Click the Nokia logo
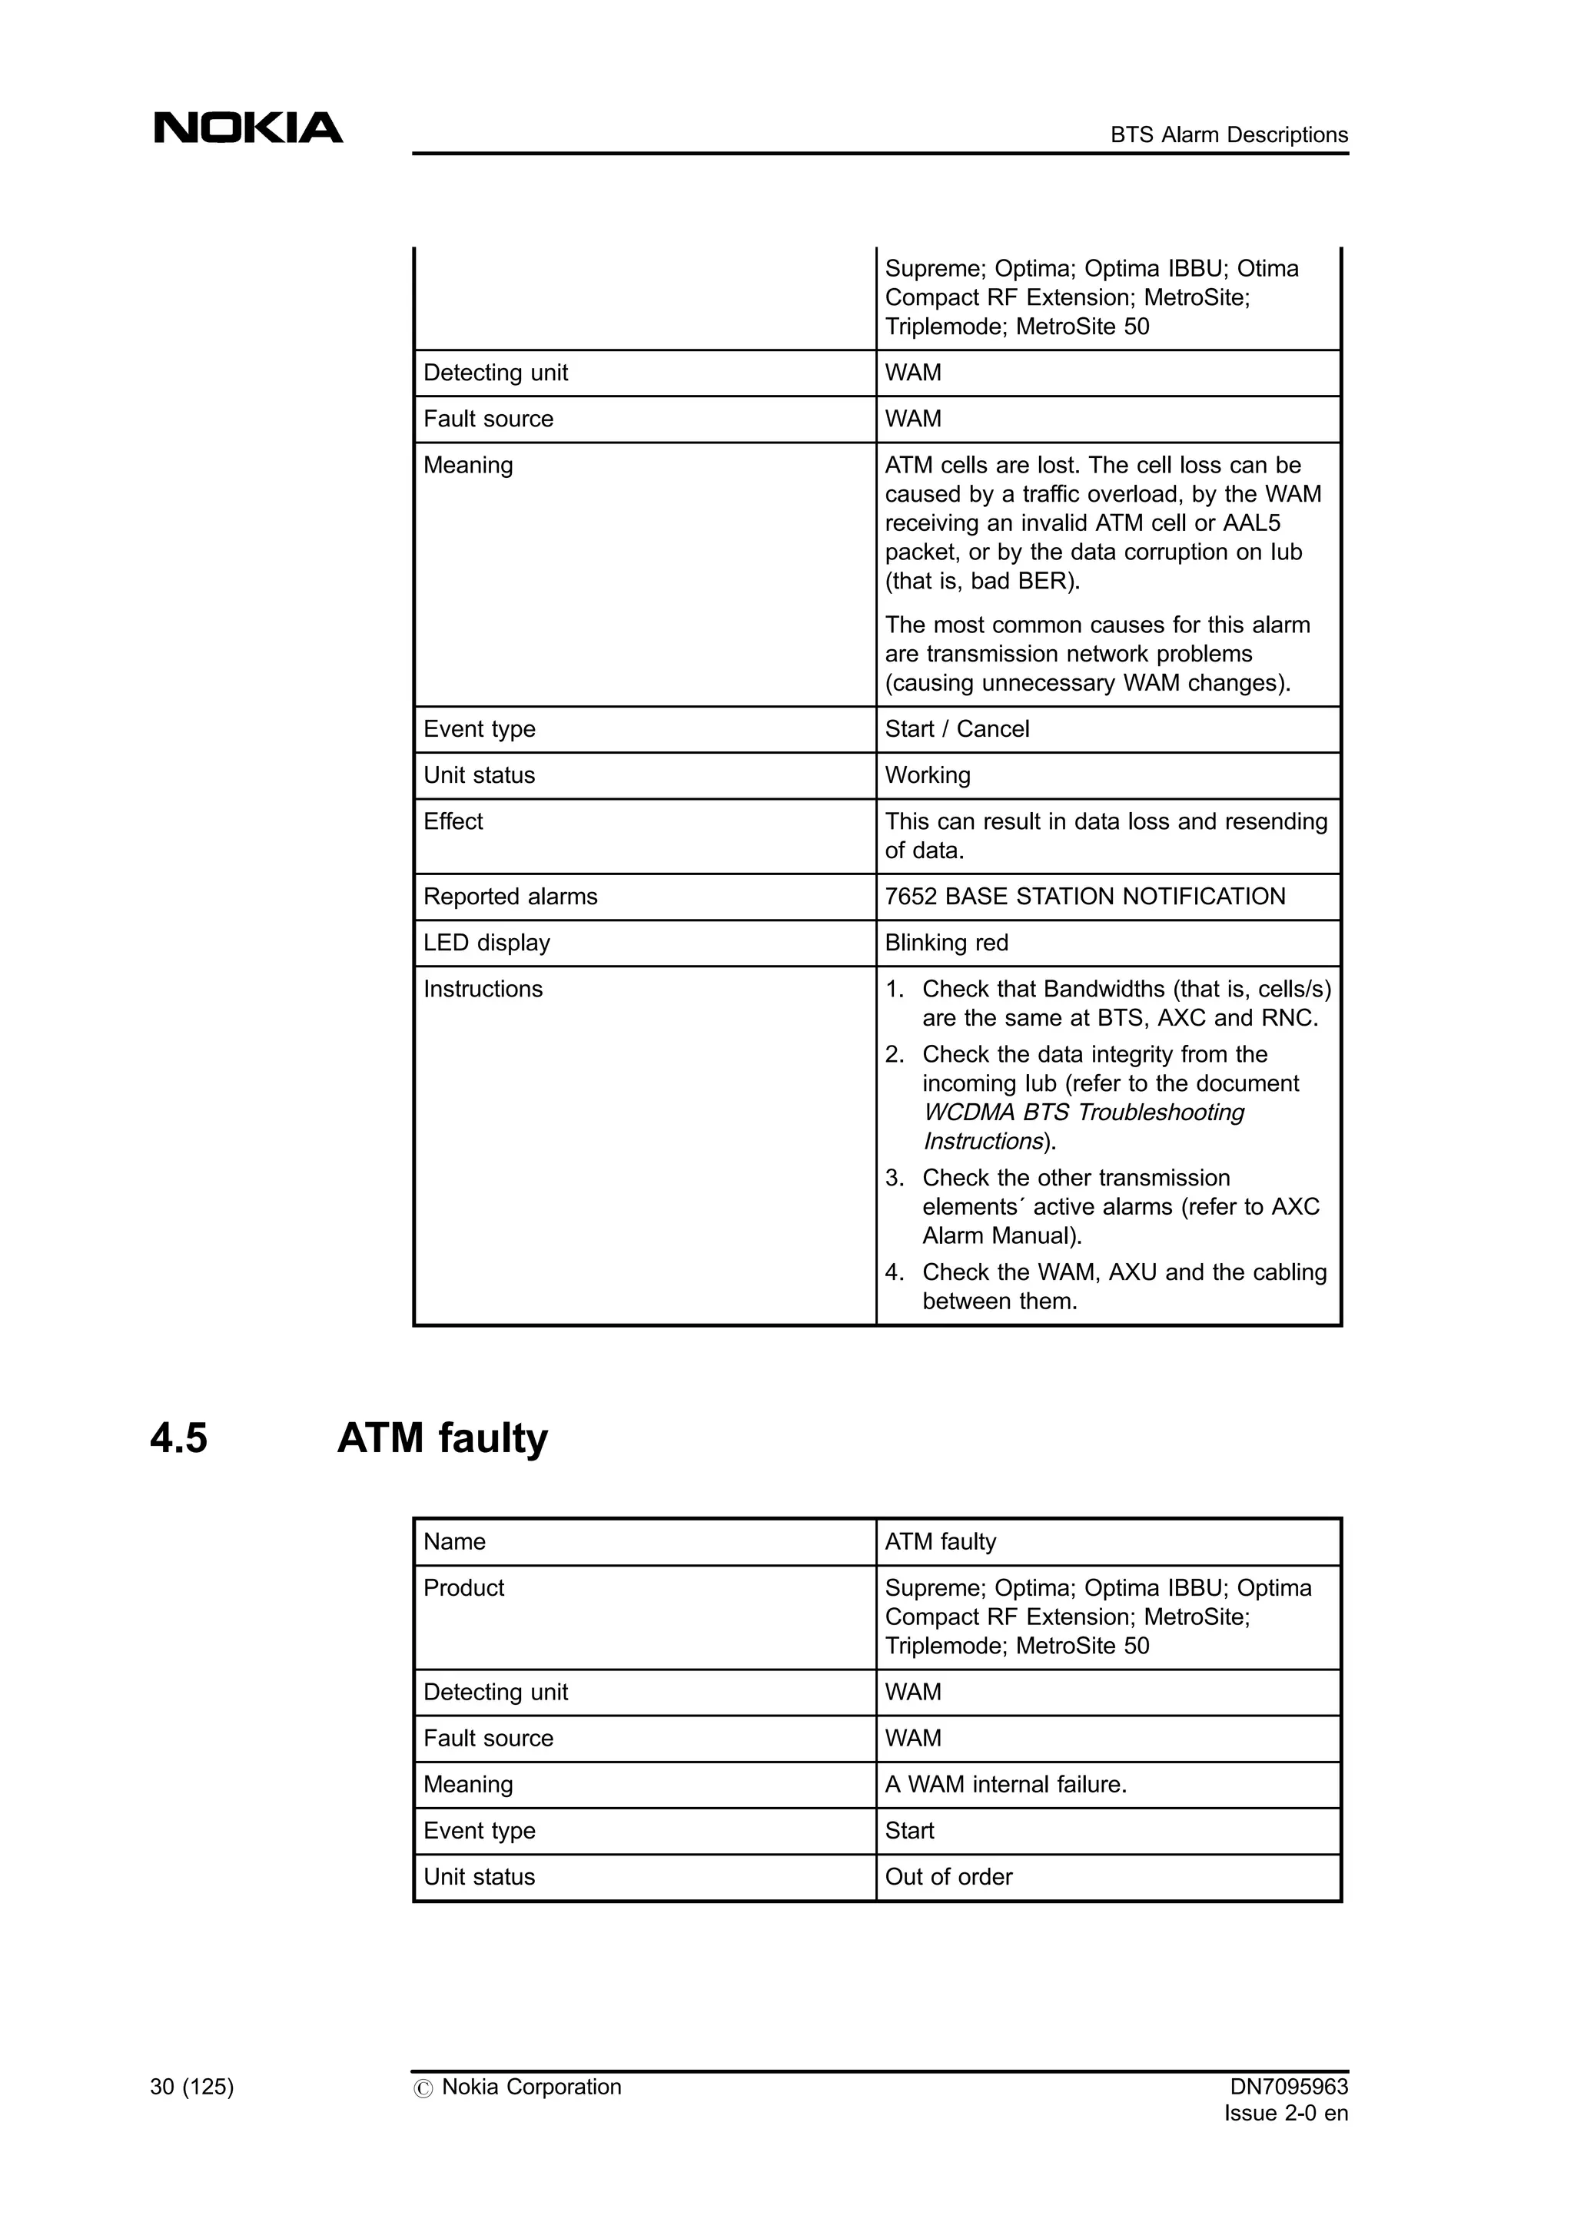pos(248,128)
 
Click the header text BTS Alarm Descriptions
pos(1228,134)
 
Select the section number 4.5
pos(179,1438)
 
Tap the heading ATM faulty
pos(442,1438)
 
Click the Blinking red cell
pos(946,943)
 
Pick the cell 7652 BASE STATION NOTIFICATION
pos(1084,897)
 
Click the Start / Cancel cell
pos(957,729)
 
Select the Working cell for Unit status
pos(927,775)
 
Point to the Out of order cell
pos(948,1877)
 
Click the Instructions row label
pos(483,990)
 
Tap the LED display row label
pos(486,943)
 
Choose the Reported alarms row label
pos(510,897)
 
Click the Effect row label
pos(453,822)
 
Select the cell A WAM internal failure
pos(1005,1784)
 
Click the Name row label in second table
pos(453,1542)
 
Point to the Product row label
pos(463,1588)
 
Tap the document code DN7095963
pos(1288,2087)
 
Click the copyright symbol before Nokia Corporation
pos(423,2088)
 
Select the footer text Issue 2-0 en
pos(1285,2114)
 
